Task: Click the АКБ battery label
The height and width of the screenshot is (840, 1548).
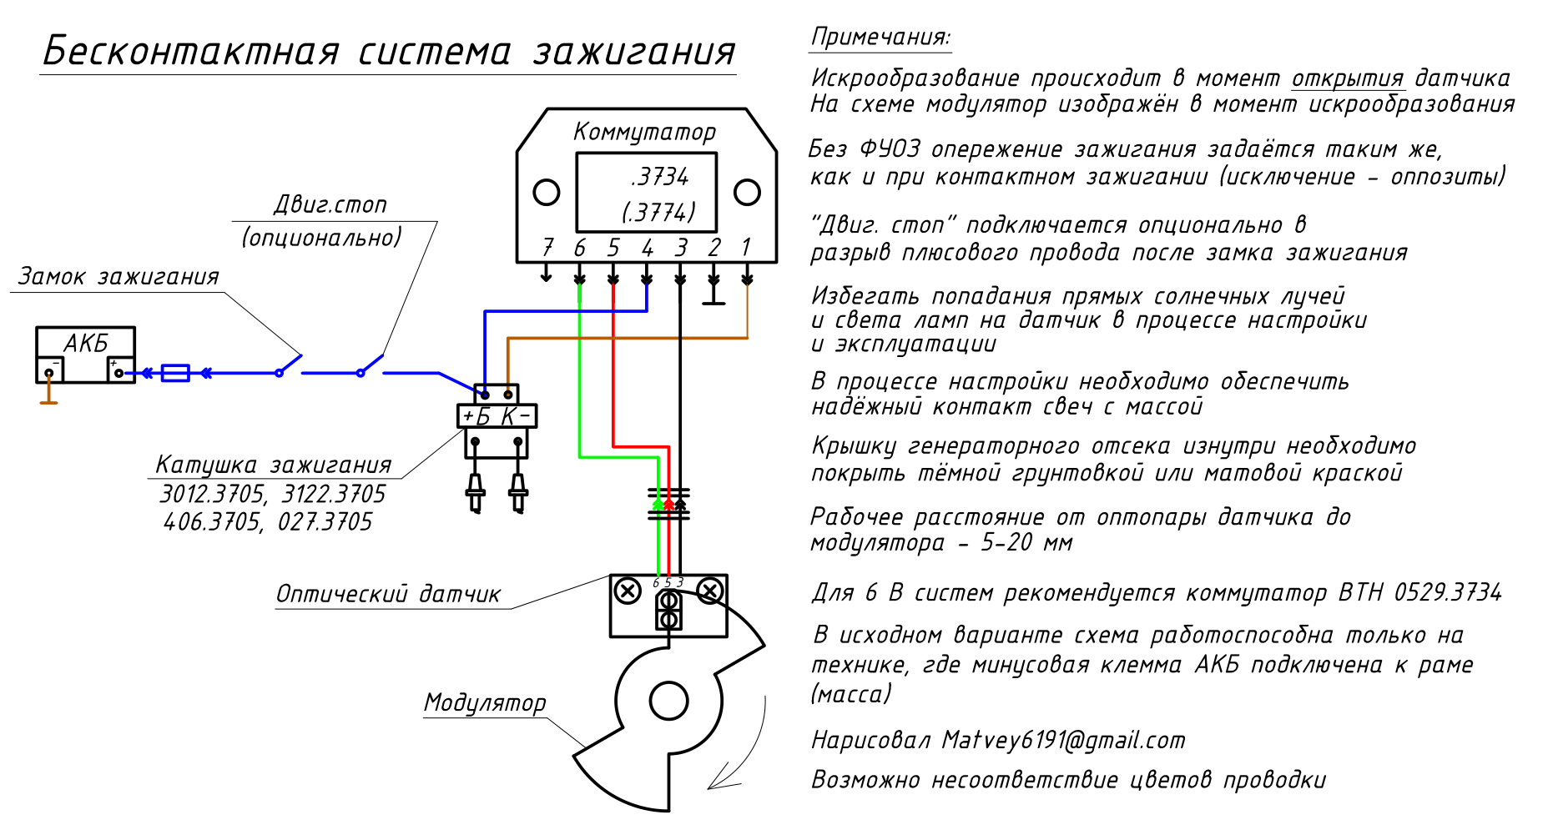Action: click(86, 343)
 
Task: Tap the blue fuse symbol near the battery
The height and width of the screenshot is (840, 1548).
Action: click(175, 373)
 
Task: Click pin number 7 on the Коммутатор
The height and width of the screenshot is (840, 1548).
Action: click(547, 247)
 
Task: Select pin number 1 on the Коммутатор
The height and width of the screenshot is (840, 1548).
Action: click(746, 247)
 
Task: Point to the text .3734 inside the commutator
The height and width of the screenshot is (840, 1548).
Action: click(659, 177)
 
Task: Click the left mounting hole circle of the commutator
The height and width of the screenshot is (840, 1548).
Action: click(547, 193)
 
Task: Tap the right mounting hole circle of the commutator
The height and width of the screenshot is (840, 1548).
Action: click(747, 193)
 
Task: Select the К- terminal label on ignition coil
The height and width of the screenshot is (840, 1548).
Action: click(516, 416)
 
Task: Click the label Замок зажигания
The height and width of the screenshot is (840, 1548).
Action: click(118, 276)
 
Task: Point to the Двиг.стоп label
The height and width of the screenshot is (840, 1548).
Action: click(330, 204)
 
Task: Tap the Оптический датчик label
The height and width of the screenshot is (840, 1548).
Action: click(388, 594)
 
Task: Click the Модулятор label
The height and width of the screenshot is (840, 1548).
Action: click(485, 702)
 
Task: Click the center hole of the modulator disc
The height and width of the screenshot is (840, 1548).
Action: click(668, 701)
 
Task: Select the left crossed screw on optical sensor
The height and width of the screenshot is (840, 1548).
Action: click(628, 591)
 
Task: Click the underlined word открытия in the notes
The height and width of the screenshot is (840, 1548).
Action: click(1348, 78)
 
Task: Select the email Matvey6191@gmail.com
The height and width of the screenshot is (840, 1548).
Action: click(1063, 740)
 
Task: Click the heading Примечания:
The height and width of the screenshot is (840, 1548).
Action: click(880, 37)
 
